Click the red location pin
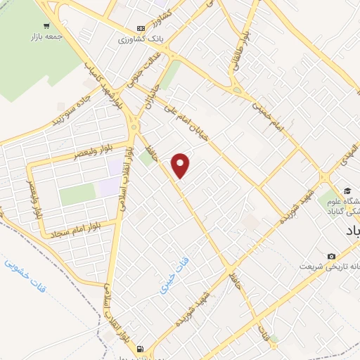pyautogui.click(x=181, y=165)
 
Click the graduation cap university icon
pyautogui.click(x=347, y=191)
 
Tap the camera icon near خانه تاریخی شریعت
pyautogui.click(x=331, y=256)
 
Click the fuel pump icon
pyautogui.click(x=141, y=348)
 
